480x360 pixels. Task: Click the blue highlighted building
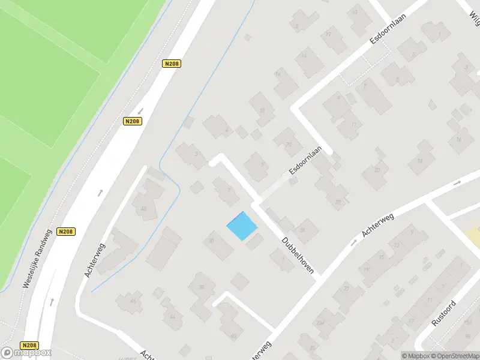click(x=242, y=226)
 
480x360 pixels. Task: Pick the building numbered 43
click(x=143, y=209)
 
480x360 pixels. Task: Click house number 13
click(x=397, y=245)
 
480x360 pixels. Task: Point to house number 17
click(x=411, y=321)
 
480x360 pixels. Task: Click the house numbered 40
click(x=233, y=335)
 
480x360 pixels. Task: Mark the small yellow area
click(x=473, y=233)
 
